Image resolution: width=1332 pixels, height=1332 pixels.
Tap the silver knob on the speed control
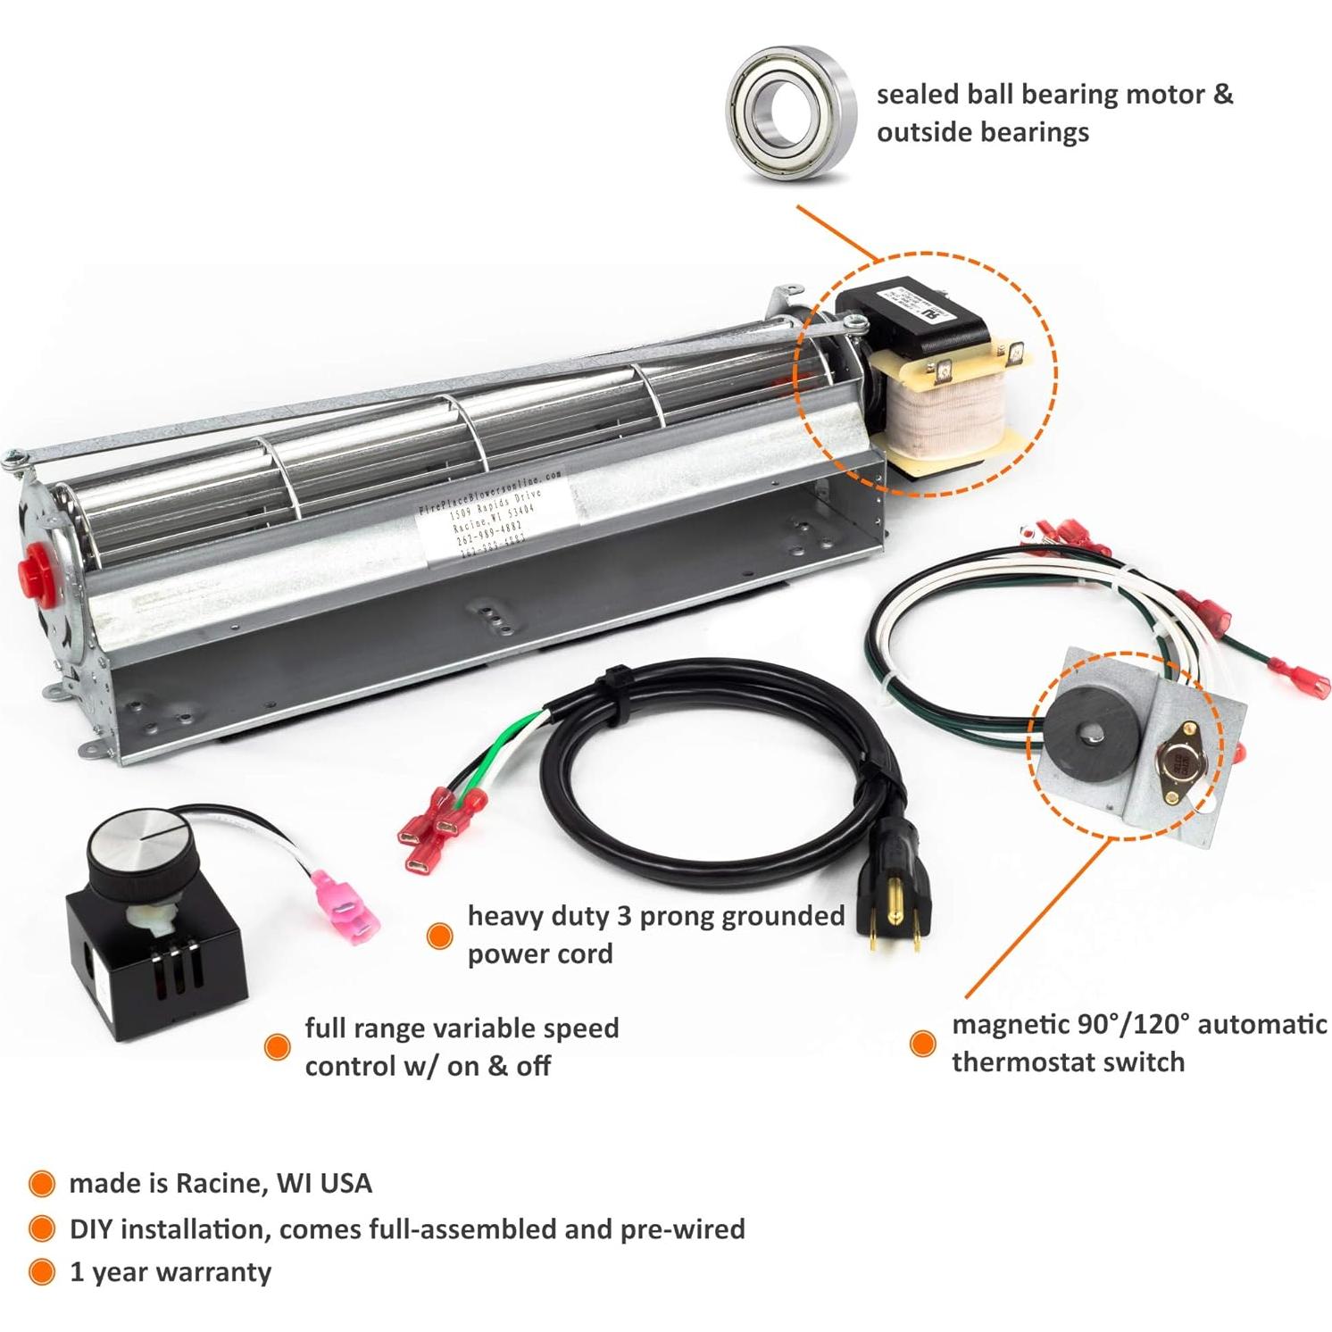131,838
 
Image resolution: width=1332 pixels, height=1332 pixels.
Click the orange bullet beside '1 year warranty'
41,1272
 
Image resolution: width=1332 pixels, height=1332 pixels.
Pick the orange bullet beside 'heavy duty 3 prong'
438,935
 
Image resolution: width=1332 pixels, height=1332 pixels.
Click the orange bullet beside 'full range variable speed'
277,1046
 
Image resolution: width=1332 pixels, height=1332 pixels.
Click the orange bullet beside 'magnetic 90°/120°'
922,1043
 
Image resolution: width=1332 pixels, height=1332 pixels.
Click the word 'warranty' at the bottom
216,1272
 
